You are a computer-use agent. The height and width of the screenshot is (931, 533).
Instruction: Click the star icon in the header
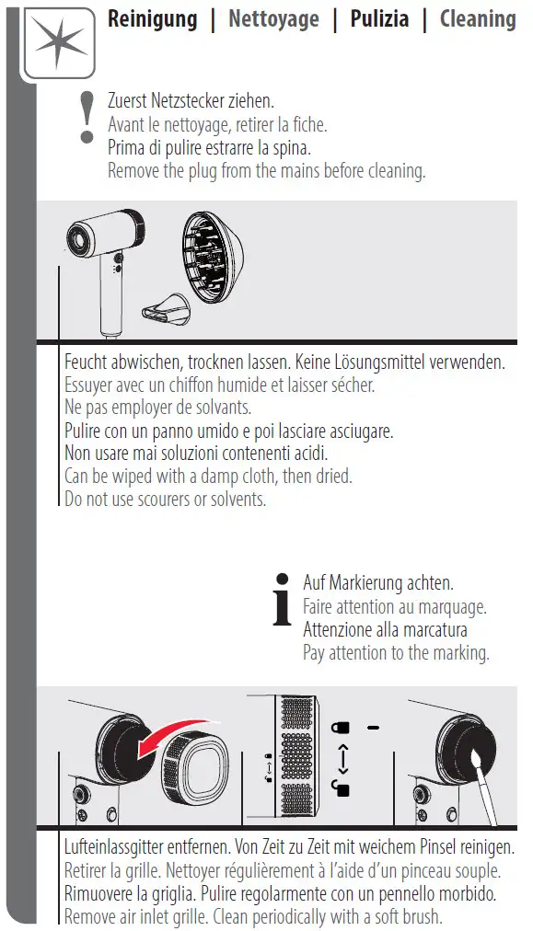tap(58, 42)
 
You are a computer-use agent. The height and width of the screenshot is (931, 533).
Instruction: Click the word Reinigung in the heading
tap(152, 19)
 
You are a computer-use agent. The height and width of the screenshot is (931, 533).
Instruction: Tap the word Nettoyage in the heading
tap(273, 19)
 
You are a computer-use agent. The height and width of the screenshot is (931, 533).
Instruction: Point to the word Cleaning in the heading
tap(478, 19)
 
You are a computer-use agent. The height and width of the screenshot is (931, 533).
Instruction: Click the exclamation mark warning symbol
tap(87, 118)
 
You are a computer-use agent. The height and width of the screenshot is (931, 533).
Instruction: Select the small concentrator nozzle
tap(165, 307)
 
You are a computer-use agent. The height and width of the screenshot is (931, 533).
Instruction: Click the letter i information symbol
tap(283, 599)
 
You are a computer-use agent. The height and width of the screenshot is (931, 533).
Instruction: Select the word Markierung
tap(365, 583)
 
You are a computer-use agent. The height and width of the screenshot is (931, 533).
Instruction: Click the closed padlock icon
tap(341, 728)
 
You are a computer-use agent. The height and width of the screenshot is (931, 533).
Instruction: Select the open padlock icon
tap(341, 787)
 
